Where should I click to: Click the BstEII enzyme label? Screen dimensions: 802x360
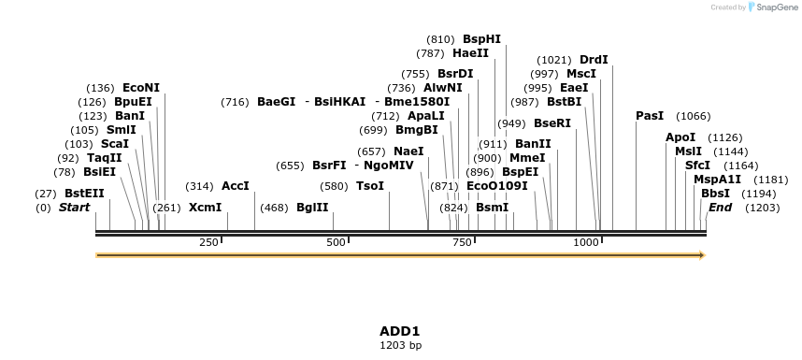[84, 194]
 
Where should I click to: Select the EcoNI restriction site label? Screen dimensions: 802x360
[141, 88]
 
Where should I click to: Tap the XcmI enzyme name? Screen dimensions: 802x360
[205, 208]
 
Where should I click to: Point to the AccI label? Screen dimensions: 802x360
[236, 186]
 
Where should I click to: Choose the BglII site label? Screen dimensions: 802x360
[312, 208]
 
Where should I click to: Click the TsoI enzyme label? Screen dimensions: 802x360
[370, 186]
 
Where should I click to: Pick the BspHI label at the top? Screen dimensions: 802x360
[482, 39]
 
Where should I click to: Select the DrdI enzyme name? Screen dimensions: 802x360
[594, 60]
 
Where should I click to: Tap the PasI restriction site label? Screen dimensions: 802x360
[650, 116]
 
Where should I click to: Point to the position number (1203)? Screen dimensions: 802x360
[762, 208]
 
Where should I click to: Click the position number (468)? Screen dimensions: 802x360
[274, 208]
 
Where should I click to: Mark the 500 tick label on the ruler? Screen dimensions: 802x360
[337, 242]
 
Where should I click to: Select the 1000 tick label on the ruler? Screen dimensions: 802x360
[586, 242]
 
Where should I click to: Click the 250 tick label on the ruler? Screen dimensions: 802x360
[208, 242]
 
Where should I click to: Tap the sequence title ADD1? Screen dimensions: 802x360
[400, 331]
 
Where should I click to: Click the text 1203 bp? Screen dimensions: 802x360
[400, 346]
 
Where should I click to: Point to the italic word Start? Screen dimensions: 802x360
[75, 208]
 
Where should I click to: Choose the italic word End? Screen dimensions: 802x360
[721, 208]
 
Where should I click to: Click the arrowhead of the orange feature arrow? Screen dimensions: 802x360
[701, 254]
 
